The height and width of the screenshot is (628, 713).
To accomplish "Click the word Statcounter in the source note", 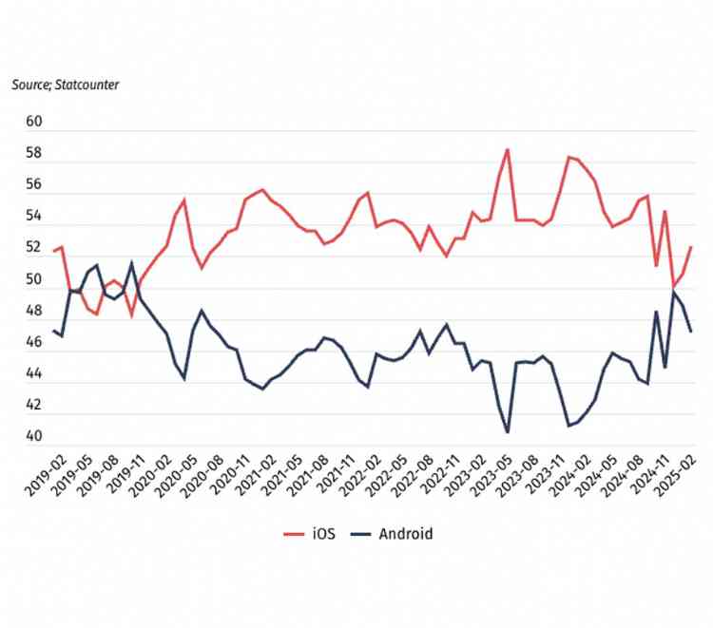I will (85, 85).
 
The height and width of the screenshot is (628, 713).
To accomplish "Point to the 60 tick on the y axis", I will (34, 122).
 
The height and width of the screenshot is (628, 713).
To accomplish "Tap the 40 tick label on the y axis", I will (34, 437).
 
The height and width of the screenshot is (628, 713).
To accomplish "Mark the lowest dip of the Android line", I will (508, 432).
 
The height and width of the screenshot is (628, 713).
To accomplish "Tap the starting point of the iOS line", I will (53, 251).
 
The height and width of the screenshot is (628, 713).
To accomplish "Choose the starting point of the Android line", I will (53, 331).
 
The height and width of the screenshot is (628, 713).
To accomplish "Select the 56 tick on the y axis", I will (34, 185).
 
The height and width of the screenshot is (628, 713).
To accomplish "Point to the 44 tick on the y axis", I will (34, 374).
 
